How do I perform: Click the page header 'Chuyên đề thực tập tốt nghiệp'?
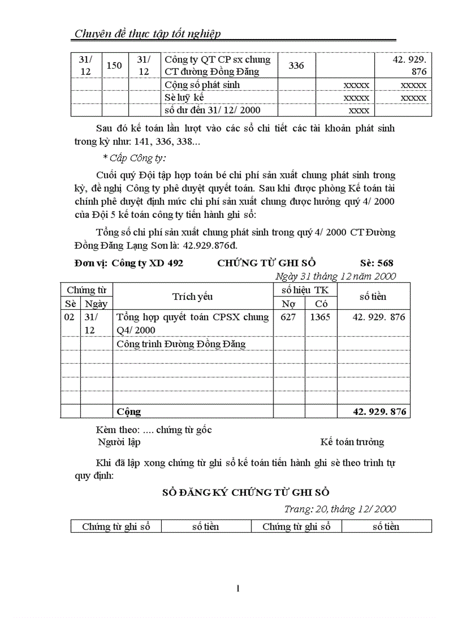tap(147, 34)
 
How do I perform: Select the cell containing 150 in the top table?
tap(114, 66)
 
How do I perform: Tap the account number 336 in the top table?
tap(296, 66)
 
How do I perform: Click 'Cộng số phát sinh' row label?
tap(202, 85)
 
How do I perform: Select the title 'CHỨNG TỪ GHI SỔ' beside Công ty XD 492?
tap(266, 263)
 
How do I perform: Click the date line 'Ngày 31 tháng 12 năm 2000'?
tap(335, 276)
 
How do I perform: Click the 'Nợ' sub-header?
tap(289, 304)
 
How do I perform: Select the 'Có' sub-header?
tap(321, 304)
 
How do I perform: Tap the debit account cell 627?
tap(289, 317)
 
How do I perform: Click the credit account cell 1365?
tap(321, 317)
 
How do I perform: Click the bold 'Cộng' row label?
tap(129, 412)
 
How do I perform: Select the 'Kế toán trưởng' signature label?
tap(352, 442)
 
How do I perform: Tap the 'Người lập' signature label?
tap(119, 442)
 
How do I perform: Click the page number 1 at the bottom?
tap(238, 589)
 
